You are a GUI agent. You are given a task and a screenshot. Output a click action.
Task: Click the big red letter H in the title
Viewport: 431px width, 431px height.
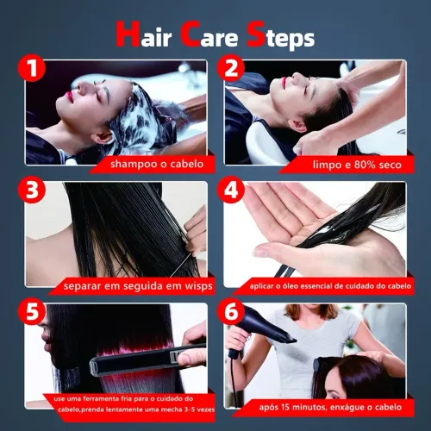128,34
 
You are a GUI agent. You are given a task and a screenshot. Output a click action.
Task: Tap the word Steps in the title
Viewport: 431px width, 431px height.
281,35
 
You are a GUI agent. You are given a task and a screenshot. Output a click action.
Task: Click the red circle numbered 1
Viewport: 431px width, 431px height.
32,68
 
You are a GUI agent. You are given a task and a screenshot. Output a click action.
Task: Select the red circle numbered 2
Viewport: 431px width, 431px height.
230,68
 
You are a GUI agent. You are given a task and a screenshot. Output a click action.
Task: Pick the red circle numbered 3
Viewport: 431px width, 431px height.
32,190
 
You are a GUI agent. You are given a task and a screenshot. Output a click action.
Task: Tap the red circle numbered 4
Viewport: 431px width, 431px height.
230,190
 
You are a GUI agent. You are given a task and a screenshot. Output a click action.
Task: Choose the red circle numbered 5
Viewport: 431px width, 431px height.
32,311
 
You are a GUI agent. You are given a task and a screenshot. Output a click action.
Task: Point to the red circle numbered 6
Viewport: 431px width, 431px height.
230,311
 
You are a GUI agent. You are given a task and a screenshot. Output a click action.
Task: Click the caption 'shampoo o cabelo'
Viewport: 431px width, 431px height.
157,165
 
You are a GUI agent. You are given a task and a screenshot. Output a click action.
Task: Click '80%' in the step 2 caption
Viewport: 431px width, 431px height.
365,165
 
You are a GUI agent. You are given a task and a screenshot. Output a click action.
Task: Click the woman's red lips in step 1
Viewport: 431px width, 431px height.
69,97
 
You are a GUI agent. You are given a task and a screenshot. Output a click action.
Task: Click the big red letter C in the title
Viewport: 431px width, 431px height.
191,34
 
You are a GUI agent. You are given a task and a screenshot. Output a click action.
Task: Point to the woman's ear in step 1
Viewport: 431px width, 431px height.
104,137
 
